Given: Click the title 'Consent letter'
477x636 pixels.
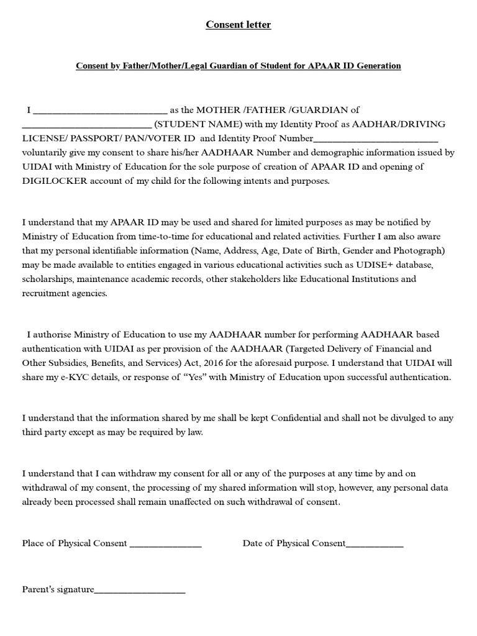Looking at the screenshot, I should pos(238,25).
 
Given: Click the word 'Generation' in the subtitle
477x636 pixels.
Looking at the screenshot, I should pos(378,65).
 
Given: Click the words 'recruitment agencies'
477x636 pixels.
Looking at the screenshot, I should pos(65,293).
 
